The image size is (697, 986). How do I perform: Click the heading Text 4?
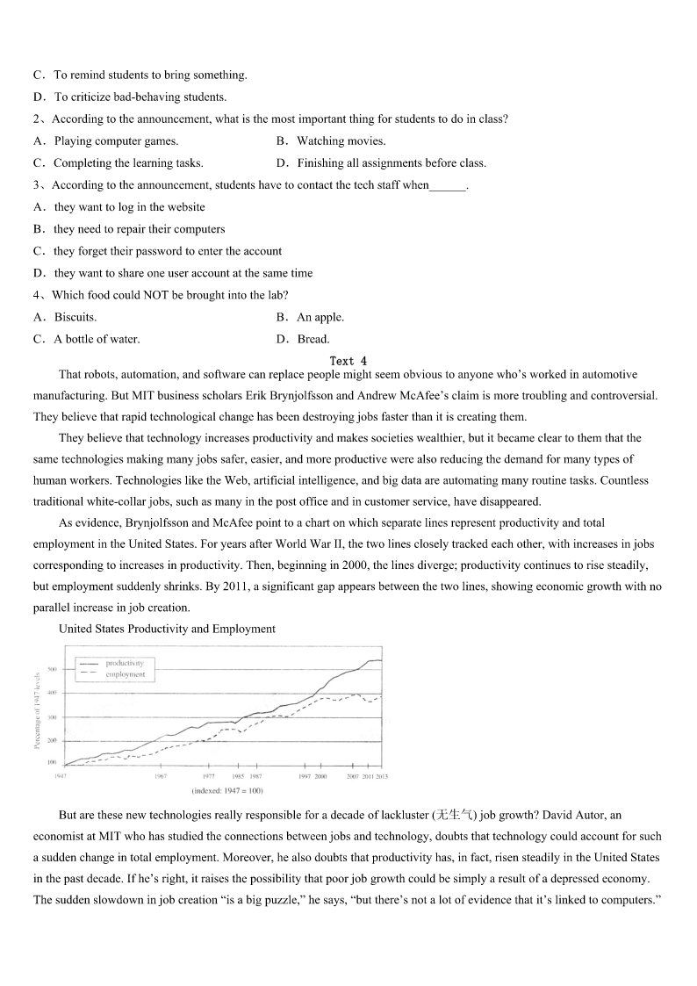348,361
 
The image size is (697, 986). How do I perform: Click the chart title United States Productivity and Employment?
167,629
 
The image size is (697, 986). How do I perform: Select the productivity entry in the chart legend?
126,663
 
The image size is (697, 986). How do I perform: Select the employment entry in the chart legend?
126,674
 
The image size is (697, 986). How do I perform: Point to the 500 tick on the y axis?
52,670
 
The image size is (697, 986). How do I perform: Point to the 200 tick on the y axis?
52,741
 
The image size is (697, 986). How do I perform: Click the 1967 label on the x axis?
161,776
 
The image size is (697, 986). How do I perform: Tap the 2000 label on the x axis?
320,776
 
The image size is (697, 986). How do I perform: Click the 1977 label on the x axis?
209,776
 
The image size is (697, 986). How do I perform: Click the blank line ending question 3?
448,185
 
